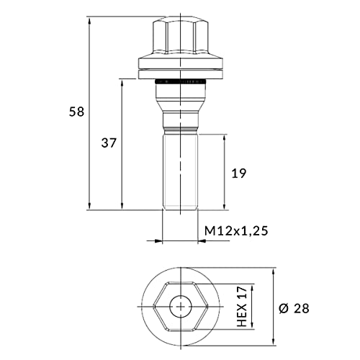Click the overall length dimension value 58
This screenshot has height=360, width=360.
(77, 112)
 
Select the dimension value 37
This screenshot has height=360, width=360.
(109, 143)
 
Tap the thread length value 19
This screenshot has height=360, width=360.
(239, 174)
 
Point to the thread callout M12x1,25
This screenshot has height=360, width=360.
(236, 231)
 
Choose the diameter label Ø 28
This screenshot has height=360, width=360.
(294, 308)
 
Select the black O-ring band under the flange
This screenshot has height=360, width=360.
(181, 81)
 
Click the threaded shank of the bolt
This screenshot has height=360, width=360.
(180, 171)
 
